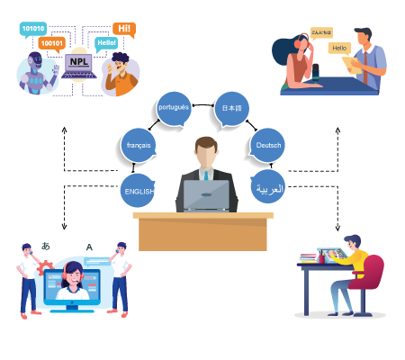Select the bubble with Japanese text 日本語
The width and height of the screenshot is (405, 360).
231,109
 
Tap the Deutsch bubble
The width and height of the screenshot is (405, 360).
267,144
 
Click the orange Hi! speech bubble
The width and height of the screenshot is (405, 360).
124,30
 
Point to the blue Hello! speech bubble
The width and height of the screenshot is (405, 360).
107,42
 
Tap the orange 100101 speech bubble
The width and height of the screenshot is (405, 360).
52,42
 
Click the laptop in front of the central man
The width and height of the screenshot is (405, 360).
202,195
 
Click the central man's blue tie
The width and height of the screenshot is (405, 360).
203,176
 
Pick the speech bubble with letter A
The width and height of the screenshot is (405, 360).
88,247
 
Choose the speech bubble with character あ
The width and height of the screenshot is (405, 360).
48,244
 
